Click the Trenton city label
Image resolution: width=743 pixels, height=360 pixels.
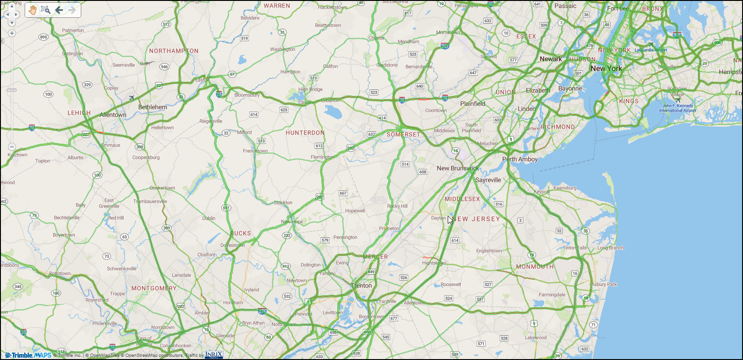point(361,286)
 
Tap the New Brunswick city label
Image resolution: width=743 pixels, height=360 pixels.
point(457,168)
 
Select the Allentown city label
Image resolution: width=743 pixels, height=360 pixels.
point(113,115)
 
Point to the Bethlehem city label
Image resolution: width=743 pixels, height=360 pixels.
point(152,107)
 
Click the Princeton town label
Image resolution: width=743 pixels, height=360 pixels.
point(389,229)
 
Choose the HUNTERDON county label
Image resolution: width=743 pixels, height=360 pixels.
point(305,133)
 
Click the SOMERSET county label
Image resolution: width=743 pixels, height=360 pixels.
point(403,135)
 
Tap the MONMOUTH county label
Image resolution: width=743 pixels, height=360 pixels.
point(534,267)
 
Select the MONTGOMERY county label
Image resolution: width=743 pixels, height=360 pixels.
point(154,288)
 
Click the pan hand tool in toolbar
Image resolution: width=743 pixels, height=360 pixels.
point(33,10)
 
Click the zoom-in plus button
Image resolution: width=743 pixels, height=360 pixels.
point(12,33)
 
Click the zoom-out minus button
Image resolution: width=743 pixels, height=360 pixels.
point(12,147)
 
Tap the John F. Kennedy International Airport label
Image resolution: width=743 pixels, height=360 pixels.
point(677,108)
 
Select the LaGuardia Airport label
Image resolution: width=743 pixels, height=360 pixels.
point(651,50)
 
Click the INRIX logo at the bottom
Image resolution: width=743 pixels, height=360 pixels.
point(214,355)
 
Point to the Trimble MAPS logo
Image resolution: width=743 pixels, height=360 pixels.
point(28,355)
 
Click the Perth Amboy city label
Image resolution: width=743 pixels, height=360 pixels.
point(520,159)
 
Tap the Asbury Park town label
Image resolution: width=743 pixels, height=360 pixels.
point(604,284)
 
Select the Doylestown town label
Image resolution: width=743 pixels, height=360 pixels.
point(232,245)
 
